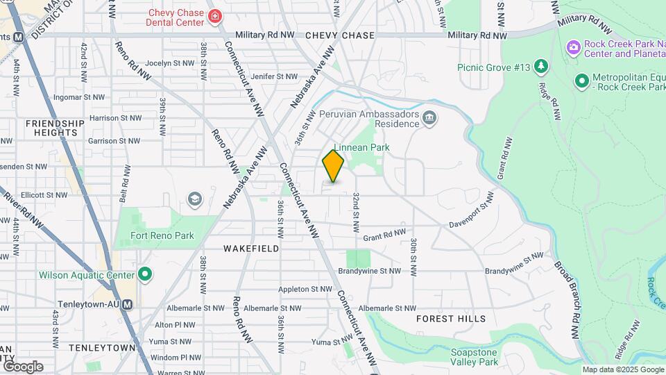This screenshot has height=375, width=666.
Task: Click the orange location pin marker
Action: tap(333, 166)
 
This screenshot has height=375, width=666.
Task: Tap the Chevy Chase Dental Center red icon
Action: tap(215, 15)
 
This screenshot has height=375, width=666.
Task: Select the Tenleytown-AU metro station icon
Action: tap(137, 304)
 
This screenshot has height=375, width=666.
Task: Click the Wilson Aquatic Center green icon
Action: tap(144, 275)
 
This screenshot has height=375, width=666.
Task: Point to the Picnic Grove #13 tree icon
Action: tap(541, 67)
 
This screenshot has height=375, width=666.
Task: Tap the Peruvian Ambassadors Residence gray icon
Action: tap(429, 119)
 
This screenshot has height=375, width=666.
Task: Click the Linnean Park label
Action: tap(361, 147)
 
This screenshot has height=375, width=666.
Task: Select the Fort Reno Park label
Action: tap(162, 235)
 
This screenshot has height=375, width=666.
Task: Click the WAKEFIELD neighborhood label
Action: tap(251, 248)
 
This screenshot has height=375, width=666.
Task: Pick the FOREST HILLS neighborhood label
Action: tap(451, 319)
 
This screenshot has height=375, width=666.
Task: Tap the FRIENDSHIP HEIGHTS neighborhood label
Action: tap(55, 128)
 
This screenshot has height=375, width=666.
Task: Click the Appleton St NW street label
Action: tap(305, 289)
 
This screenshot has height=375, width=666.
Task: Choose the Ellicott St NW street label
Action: tap(42, 195)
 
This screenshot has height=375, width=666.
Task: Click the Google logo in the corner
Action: tap(22, 367)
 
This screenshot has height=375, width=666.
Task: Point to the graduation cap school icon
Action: tap(194, 201)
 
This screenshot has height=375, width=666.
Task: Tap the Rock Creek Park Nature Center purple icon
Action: tap(574, 47)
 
